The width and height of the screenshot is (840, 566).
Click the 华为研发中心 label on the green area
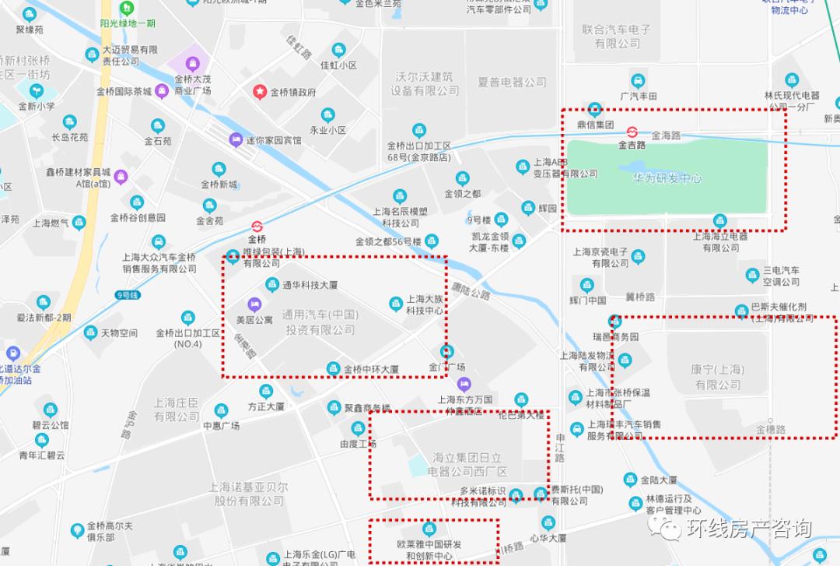667,178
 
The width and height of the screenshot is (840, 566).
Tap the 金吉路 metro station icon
632,132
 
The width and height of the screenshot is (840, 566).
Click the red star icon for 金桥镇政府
259,92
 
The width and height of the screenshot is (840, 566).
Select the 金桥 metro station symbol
257,227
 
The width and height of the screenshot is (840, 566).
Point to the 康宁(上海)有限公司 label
717,377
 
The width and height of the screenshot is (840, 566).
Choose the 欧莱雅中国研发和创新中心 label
429,550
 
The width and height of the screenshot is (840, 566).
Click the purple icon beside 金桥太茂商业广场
161,90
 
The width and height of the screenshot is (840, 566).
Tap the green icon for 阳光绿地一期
125,9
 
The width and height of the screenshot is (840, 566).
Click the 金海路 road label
666,135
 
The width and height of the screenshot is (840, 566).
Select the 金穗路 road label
771,429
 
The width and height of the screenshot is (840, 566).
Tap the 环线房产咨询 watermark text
747,529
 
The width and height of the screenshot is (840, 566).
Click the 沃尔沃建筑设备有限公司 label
425,83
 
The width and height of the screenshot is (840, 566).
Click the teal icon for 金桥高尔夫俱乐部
77,530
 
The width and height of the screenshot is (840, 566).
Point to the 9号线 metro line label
126,295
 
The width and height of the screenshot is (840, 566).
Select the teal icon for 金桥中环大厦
333,368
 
